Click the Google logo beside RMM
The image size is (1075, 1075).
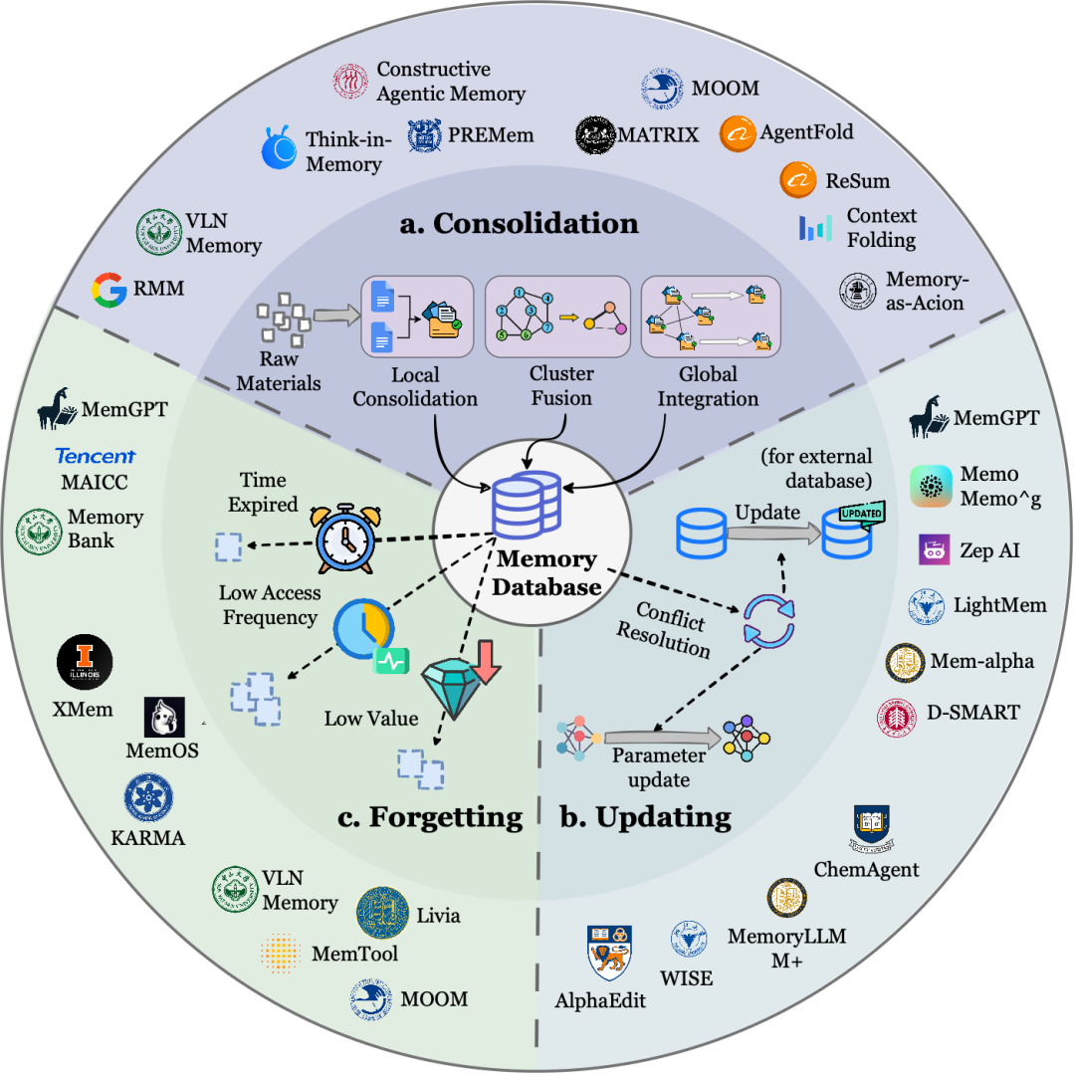(109, 290)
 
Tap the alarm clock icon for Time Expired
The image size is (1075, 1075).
(345, 538)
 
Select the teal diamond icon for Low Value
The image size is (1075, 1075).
(450, 688)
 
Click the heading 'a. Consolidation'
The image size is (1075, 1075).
(519, 224)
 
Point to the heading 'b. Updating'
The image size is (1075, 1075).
(645, 816)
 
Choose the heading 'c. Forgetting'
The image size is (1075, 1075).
(430, 816)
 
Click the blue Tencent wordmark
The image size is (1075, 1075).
(96, 456)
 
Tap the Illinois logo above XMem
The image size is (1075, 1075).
(85, 662)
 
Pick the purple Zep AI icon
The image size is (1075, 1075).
(934, 549)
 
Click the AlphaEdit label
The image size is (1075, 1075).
(600, 1001)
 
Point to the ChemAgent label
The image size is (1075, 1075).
(866, 869)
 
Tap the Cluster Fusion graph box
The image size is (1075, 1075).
(557, 317)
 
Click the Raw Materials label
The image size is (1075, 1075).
(279, 371)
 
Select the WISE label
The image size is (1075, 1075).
(686, 978)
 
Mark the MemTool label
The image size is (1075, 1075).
(354, 954)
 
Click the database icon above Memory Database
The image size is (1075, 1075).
(527, 505)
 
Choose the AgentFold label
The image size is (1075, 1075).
(806, 132)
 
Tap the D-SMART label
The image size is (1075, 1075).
(972, 713)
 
